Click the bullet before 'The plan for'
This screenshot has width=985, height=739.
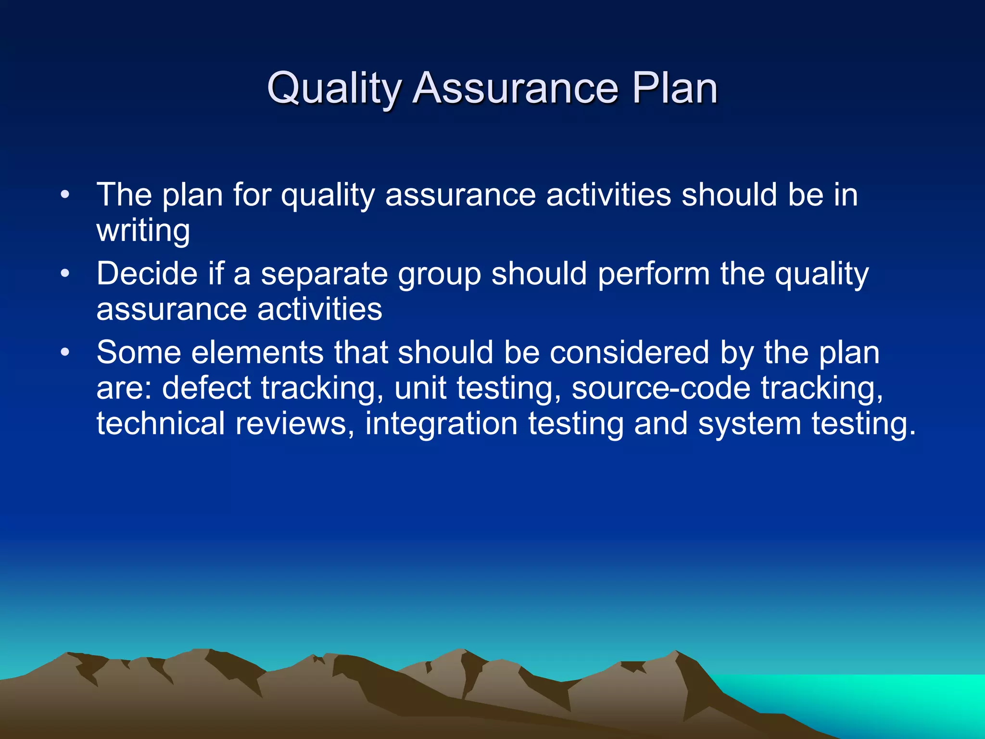pyautogui.click(x=65, y=195)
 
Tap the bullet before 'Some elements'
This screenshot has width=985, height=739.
pyautogui.click(x=65, y=353)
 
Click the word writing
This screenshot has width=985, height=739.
pyautogui.click(x=143, y=231)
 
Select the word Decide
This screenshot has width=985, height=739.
pyautogui.click(x=147, y=274)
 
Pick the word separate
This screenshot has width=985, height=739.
pyautogui.click(x=324, y=274)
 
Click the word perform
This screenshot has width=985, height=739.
pyautogui.click(x=653, y=274)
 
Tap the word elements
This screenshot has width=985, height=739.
pyautogui.click(x=257, y=353)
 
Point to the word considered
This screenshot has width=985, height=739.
pyautogui.click(x=629, y=353)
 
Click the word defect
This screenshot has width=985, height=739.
pyautogui.click(x=206, y=388)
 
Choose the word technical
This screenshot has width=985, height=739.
pyautogui.click(x=161, y=423)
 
